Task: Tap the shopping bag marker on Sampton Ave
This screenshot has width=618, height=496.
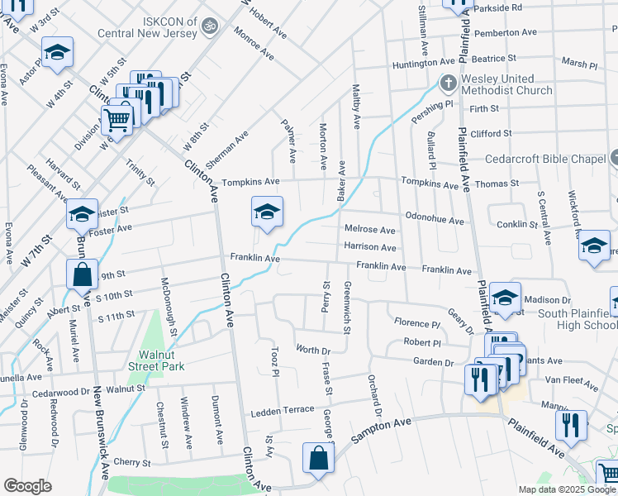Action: [319, 459]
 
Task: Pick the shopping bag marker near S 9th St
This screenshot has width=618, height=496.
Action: [82, 275]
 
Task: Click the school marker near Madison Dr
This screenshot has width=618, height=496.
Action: [505, 298]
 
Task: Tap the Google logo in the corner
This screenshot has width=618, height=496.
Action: [27, 486]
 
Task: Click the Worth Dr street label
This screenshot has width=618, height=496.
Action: [313, 351]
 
